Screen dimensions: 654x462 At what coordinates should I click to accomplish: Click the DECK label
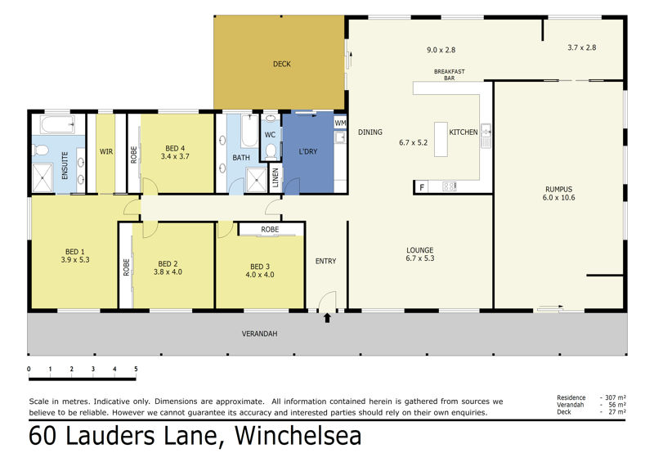[x=281, y=64]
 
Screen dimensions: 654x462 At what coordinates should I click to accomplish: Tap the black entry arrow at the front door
[x=328, y=318]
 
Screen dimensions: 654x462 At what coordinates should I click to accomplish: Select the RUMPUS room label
[x=558, y=189]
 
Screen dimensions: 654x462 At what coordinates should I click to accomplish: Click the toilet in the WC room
[x=271, y=151]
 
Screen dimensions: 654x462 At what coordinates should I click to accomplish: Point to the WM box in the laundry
[x=340, y=123]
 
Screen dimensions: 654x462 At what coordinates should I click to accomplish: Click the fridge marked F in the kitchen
[x=422, y=187]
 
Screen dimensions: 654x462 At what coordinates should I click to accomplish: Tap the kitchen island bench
[x=441, y=139]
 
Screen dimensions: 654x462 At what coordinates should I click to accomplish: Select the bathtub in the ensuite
[x=57, y=124]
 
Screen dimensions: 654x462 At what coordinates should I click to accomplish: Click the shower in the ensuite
[x=43, y=177]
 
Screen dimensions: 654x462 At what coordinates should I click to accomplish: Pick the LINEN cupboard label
[x=275, y=177]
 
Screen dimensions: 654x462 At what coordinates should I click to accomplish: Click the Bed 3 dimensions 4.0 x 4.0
[x=260, y=275]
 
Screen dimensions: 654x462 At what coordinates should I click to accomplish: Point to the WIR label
[x=106, y=151]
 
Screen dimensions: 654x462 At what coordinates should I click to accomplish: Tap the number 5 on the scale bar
[x=136, y=369]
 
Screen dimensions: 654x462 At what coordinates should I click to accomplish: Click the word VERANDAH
[x=259, y=334]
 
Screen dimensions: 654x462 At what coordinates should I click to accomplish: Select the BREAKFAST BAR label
[x=449, y=74]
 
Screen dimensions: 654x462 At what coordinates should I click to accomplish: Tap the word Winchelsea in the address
[x=298, y=435]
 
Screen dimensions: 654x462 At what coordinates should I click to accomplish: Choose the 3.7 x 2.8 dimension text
[x=582, y=47]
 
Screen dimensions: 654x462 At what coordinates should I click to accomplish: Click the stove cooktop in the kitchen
[x=449, y=186]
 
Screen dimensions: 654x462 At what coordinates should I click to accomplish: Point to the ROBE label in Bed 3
[x=270, y=230]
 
